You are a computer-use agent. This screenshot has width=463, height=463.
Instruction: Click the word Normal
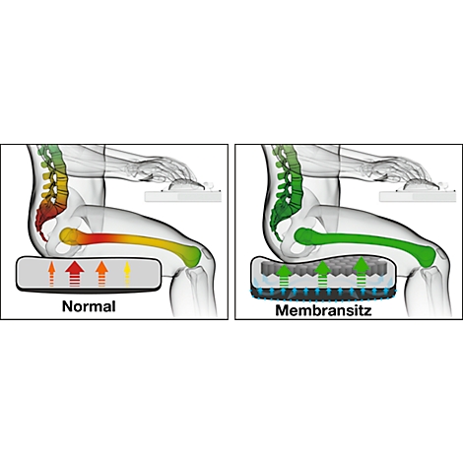pos(89,306)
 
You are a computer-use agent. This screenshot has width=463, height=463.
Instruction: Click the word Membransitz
pos(323,310)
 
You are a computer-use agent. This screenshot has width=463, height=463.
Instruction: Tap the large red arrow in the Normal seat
pos(75,273)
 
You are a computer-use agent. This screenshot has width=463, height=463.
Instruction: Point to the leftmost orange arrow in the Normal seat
pos(51,273)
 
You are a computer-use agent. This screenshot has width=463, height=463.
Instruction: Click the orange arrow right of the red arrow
pos(101,273)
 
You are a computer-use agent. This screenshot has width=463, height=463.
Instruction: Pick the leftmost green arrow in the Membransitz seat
pos(285,275)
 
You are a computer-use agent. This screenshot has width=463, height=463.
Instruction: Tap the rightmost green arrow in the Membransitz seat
pos(362,272)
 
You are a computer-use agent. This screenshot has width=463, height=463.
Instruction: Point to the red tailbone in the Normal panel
pos(43,227)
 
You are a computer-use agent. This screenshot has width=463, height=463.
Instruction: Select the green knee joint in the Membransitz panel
pos(427,255)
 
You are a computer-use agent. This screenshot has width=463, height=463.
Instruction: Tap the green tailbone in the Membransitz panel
pos(279,227)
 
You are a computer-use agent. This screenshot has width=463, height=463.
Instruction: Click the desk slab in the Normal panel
pos(183,196)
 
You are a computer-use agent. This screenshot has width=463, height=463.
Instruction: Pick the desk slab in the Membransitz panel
pos(418,196)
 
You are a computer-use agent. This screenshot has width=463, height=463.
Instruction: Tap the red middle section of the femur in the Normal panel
pos(103,239)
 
